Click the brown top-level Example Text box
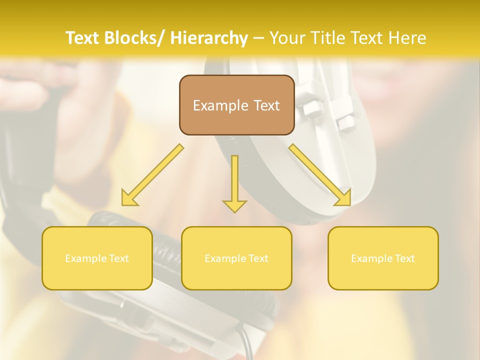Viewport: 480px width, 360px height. pyautogui.click(x=236, y=105)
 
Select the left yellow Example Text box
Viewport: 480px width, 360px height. pyautogui.click(x=97, y=258)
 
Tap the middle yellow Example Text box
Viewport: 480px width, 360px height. pyautogui.click(x=236, y=258)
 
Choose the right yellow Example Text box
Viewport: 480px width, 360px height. pyautogui.click(x=383, y=258)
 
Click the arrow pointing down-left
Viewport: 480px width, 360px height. pyautogui.click(x=152, y=175)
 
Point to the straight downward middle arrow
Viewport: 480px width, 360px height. pyautogui.click(x=234, y=182)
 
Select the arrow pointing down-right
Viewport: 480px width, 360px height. pyautogui.click(x=320, y=175)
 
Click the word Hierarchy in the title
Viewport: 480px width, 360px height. pyautogui.click(x=209, y=38)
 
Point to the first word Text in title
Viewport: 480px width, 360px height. pyautogui.click(x=83, y=38)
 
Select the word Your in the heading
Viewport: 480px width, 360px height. pyautogui.click(x=286, y=38)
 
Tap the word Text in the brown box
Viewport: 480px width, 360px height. pyautogui.click(x=266, y=105)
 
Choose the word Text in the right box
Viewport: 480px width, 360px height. pyautogui.click(x=403, y=258)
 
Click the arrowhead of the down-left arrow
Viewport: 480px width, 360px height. pyautogui.click(x=129, y=198)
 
